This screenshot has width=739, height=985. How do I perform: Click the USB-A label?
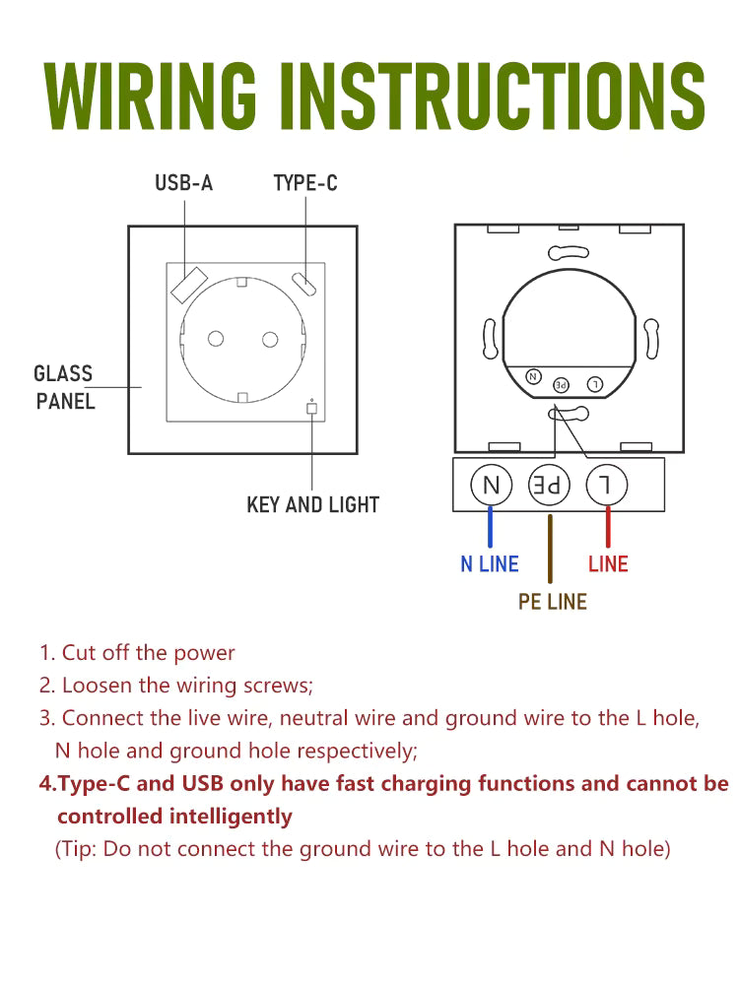click(x=183, y=183)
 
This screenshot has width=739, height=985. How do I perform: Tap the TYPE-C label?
click(x=304, y=183)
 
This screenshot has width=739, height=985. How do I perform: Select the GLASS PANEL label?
click(x=64, y=387)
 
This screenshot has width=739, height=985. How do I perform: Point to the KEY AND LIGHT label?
click(x=312, y=505)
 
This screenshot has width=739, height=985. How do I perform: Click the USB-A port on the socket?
click(x=187, y=284)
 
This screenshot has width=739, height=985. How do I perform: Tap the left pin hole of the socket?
click(x=215, y=340)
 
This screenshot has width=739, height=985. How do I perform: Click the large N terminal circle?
click(x=491, y=485)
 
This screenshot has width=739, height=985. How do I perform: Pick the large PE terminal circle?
click(x=550, y=485)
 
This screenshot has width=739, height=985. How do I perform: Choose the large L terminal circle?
click(x=608, y=485)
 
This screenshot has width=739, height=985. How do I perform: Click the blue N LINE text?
click(x=490, y=564)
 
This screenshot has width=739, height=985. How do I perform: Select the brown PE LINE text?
click(x=552, y=602)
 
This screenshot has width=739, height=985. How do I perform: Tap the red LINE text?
click(x=608, y=564)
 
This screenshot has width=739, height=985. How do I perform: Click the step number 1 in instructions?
click(x=45, y=653)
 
